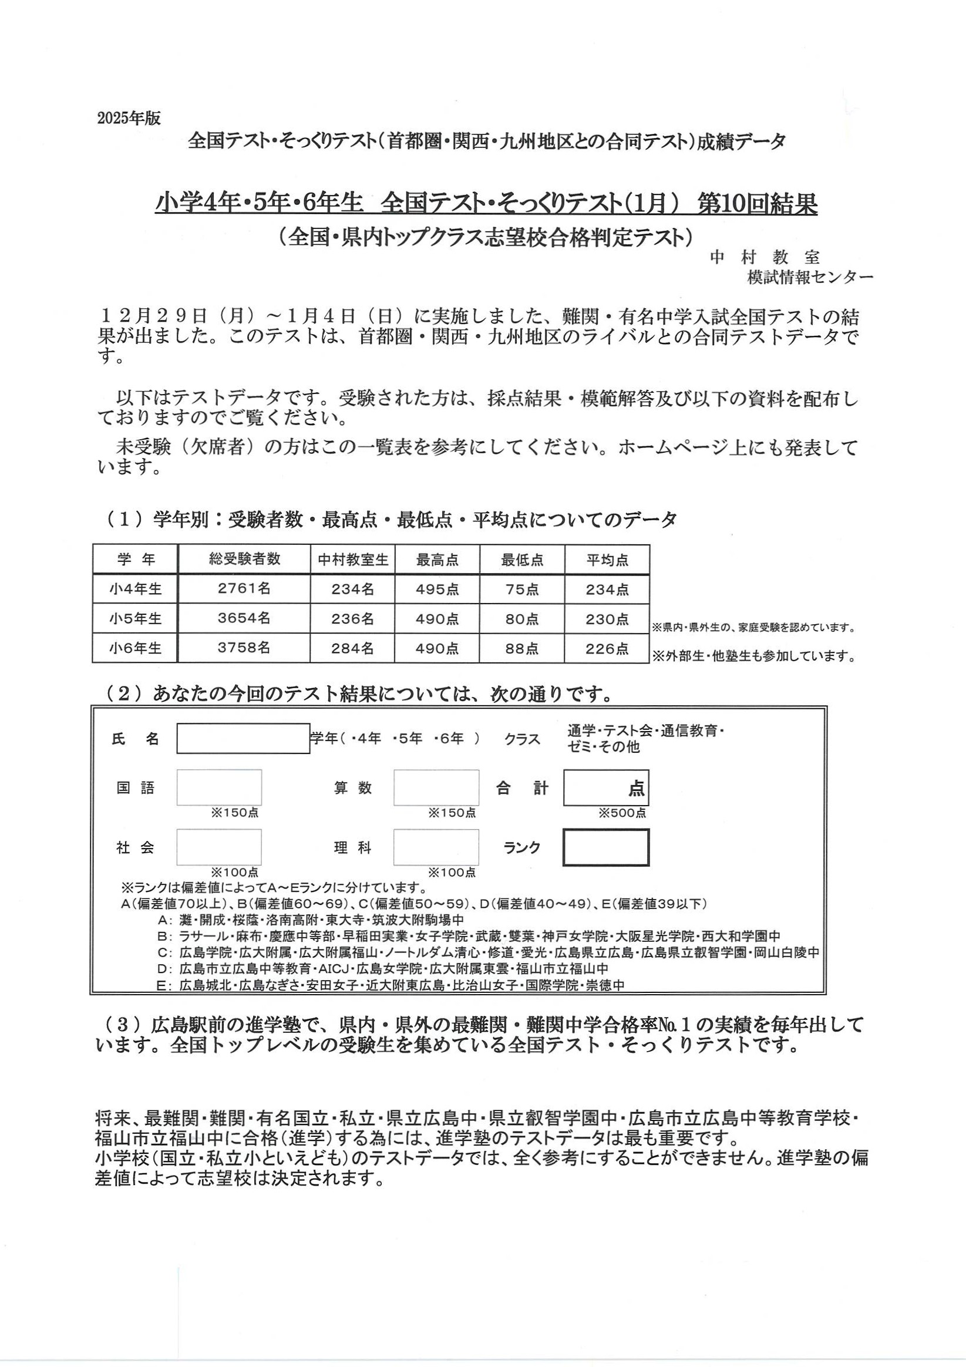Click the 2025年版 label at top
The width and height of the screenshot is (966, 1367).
click(x=129, y=118)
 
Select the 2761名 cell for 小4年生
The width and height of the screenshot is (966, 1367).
click(x=244, y=589)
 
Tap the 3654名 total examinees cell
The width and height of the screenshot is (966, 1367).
click(x=244, y=618)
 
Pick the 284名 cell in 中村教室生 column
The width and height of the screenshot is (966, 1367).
click(x=352, y=648)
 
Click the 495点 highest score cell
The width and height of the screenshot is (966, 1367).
click(x=437, y=589)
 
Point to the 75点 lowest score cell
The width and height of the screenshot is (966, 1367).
click(x=521, y=589)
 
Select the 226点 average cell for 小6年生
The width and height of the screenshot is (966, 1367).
click(x=607, y=648)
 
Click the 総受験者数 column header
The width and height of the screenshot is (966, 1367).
click(x=244, y=559)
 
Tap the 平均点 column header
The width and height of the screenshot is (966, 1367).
click(x=607, y=560)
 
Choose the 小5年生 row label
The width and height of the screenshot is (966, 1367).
click(x=135, y=618)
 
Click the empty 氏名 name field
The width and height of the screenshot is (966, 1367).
click(x=243, y=738)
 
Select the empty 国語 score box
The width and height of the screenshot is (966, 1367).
click(x=218, y=787)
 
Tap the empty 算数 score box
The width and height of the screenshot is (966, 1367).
click(x=436, y=787)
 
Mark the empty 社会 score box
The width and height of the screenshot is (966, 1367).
click(x=218, y=847)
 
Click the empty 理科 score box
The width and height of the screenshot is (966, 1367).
click(x=436, y=847)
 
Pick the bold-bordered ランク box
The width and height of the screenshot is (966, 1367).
click(x=605, y=847)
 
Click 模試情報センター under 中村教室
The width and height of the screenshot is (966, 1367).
click(x=810, y=277)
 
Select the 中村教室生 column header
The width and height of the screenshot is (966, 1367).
click(x=352, y=560)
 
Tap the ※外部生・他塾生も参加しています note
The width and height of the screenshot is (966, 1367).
click(x=753, y=656)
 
